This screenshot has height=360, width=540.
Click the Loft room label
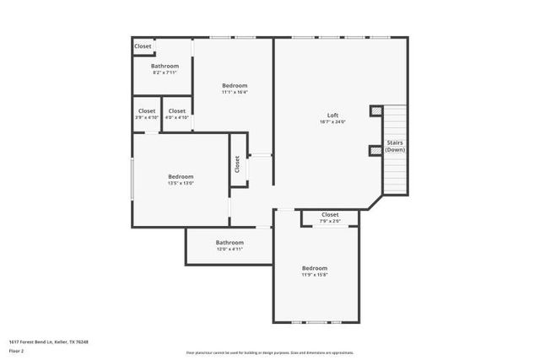click(x=333, y=115)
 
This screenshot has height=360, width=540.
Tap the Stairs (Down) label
click(x=395, y=146)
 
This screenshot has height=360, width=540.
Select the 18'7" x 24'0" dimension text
click(x=333, y=121)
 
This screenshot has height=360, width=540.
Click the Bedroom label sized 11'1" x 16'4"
click(x=235, y=85)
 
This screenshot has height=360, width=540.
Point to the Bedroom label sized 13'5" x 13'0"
click(x=181, y=176)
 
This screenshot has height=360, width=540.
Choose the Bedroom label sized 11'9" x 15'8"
click(x=315, y=268)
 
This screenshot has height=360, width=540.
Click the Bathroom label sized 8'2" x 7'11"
click(x=165, y=66)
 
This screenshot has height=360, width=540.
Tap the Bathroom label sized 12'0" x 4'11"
click(x=229, y=243)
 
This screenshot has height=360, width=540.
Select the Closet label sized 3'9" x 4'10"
click(x=147, y=110)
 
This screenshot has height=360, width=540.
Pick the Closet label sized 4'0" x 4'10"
click(x=177, y=110)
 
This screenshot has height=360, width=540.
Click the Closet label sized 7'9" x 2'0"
click(x=331, y=214)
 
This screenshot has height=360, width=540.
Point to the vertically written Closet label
click(x=238, y=164)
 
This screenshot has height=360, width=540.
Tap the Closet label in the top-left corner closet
click(x=143, y=46)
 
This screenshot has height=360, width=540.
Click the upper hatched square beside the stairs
click(x=375, y=110)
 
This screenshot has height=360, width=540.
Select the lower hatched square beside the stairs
click(x=375, y=151)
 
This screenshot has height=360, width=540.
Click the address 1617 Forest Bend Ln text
click(x=49, y=341)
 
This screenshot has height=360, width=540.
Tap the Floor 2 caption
click(x=17, y=350)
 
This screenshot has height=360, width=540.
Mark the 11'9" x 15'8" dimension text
click(x=315, y=275)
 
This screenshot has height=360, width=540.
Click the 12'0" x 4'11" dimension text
click(x=229, y=250)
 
